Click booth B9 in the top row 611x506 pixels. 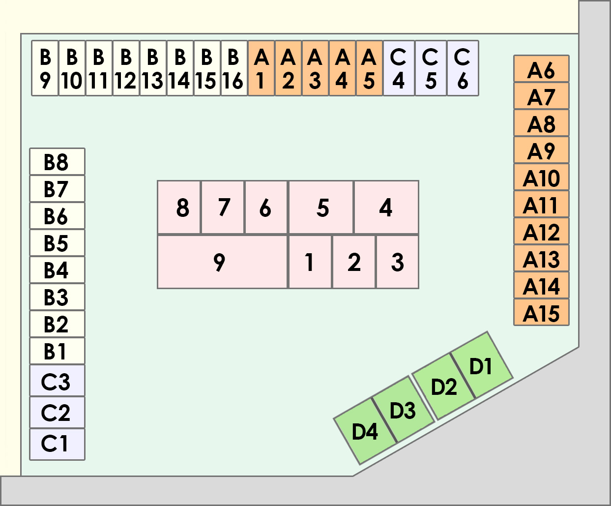click(x=45, y=68)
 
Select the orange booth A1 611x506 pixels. click(x=261, y=68)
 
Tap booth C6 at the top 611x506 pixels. click(x=463, y=68)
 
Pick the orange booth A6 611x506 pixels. click(x=541, y=69)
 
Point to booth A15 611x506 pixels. click(x=541, y=312)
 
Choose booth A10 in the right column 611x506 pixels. click(x=541, y=177)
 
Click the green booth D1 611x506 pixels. click(x=482, y=365)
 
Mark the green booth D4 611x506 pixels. click(x=365, y=431)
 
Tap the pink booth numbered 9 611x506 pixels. click(x=222, y=262)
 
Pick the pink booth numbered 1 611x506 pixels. click(x=310, y=262)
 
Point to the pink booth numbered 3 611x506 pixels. click(x=397, y=262)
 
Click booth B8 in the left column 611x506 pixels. click(x=57, y=162)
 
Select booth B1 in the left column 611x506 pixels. click(x=57, y=351)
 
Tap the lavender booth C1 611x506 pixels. click(x=57, y=444)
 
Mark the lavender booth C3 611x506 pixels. click(x=57, y=381)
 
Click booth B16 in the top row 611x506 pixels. click(x=234, y=68)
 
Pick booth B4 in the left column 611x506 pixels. click(x=57, y=270)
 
